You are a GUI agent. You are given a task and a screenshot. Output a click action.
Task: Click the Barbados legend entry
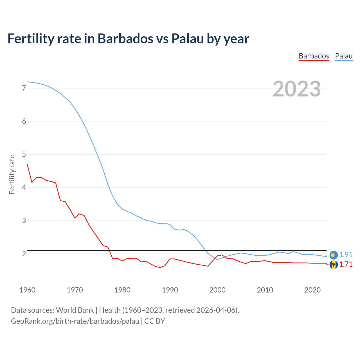pyautogui.click(x=314, y=56)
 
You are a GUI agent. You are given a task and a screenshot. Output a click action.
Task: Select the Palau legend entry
pyautogui.click(x=344, y=56)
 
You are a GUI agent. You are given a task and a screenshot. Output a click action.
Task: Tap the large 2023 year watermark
pyautogui.click(x=296, y=89)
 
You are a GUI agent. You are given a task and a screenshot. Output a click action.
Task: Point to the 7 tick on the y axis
pyautogui.click(x=24, y=88)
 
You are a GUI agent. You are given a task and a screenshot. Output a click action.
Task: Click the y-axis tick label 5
pyautogui.click(x=24, y=154)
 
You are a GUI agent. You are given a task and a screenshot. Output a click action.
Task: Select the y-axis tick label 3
pyautogui.click(x=24, y=220)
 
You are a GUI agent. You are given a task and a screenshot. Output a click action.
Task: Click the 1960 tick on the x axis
pyautogui.click(x=27, y=290)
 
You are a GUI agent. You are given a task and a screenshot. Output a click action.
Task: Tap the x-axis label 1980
pyautogui.click(x=122, y=290)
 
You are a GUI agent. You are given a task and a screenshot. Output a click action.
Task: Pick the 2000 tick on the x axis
pyautogui.click(x=217, y=290)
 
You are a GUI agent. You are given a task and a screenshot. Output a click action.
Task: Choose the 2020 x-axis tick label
pyautogui.click(x=312, y=290)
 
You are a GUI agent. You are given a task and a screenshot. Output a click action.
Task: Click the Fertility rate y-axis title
pyautogui.click(x=12, y=174)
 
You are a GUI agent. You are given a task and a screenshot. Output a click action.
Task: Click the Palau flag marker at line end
pyautogui.click(x=334, y=255)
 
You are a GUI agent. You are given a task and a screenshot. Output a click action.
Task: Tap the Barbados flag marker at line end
pyautogui.click(x=334, y=264)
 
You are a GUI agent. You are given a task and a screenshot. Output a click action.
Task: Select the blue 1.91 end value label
pyautogui.click(x=346, y=255)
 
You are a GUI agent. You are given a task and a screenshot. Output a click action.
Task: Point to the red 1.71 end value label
pyautogui.click(x=346, y=264)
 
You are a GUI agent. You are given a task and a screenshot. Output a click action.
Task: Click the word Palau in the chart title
pyautogui.click(x=188, y=39)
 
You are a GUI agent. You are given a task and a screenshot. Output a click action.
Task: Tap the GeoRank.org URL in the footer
pyautogui.click(x=75, y=321)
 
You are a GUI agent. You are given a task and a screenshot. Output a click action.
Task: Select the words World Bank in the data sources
pyautogui.click(x=75, y=310)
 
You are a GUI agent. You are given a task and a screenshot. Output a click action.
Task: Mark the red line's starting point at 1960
pyautogui.click(x=27, y=164)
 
